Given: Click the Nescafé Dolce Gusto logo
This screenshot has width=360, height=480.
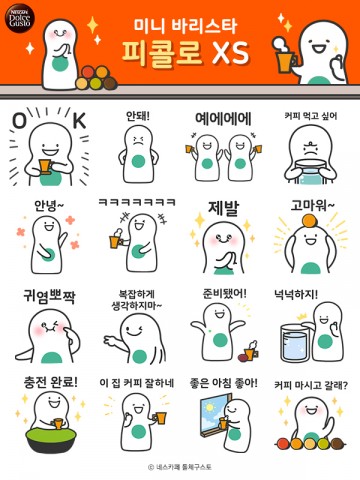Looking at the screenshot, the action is pos(20,18).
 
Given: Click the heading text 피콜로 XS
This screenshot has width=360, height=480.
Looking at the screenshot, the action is pos(185,53).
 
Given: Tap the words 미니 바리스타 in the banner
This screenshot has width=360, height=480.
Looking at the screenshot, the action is pos(185,26).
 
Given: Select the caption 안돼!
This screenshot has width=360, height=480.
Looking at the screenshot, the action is pos(138,116).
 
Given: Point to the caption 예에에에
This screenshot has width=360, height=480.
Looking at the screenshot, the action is pos(223,119).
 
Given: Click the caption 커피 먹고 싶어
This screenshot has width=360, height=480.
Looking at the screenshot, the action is pos(311,116).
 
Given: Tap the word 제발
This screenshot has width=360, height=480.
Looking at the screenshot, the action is pos(224,208).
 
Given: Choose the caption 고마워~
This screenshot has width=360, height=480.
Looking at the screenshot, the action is pos(312,205).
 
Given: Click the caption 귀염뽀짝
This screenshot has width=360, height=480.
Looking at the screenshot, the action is pos(49,296).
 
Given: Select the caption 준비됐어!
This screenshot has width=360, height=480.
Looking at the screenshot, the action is pos(224,293).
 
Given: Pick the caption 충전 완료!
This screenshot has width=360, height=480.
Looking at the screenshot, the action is pos(51,382).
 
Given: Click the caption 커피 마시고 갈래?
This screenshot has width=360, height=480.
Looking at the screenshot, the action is pos(311,385).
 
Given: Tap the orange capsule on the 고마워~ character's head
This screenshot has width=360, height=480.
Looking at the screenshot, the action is pos(310,221).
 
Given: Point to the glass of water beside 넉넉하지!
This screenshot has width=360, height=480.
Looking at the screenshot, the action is pos(294,342).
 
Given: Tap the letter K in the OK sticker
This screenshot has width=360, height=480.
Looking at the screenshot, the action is pos(79,120).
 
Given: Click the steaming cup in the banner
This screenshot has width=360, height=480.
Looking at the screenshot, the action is pos(285,57).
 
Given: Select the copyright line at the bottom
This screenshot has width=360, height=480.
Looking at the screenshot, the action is pos(180,467).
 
